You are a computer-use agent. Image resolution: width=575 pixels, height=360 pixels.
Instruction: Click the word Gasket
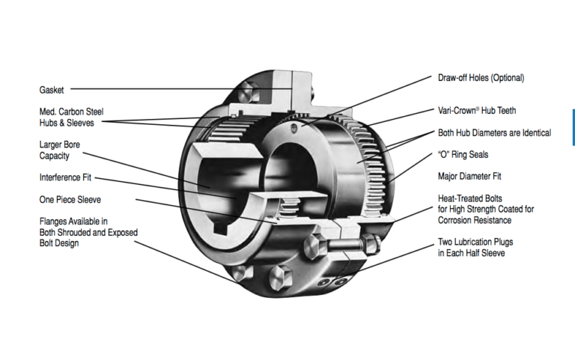click(52, 90)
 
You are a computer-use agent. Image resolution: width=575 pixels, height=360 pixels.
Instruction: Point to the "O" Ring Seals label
click(464, 155)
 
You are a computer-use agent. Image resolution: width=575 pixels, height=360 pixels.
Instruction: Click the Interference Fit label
click(66, 177)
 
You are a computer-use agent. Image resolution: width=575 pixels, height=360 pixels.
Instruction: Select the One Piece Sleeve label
click(69, 200)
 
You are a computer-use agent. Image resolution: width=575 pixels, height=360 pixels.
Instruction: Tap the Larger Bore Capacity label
click(61, 150)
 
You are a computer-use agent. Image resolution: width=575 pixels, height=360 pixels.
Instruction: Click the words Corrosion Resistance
click(475, 220)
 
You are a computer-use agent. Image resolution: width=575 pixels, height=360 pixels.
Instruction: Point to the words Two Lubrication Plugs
click(475, 242)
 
